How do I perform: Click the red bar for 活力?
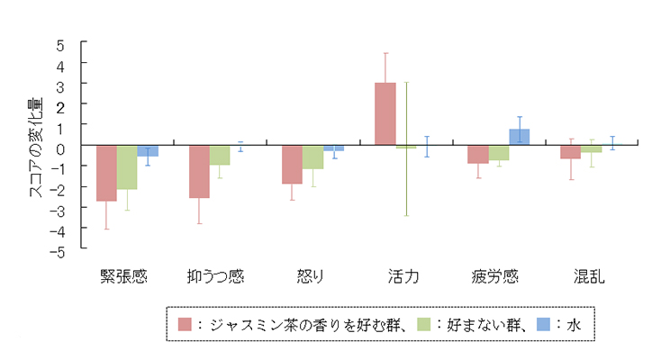tap(385, 113)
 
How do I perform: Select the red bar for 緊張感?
tap(106, 173)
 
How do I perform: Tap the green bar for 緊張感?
tap(127, 166)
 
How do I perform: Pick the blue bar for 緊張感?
tap(148, 150)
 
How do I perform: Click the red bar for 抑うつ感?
tap(199, 171)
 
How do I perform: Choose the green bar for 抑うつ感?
tap(220, 155)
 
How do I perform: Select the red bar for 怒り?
tap(292, 164)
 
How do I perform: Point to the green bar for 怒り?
tap(312, 157)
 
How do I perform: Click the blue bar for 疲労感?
tap(519, 137)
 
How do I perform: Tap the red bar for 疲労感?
tap(477, 154)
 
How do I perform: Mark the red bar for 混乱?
tap(570, 151)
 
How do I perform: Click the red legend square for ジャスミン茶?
tap(185, 325)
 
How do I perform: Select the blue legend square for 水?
tap(544, 325)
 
